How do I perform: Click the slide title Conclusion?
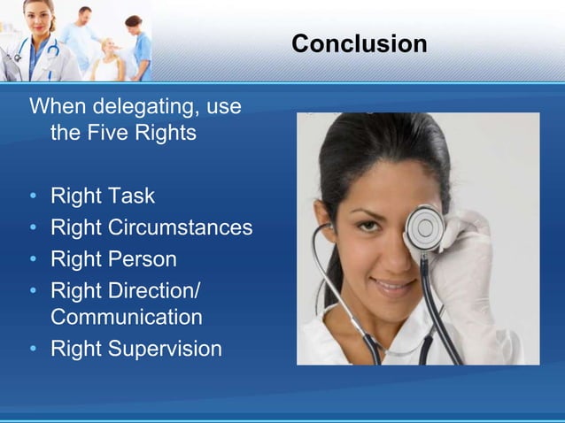click(359, 43)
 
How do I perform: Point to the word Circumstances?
click(180, 227)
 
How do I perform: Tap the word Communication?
click(127, 317)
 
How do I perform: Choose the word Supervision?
click(166, 349)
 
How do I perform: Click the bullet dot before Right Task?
click(34, 196)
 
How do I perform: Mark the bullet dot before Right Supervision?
click(34, 350)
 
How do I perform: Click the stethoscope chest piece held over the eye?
click(423, 228)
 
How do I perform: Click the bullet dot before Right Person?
click(34, 260)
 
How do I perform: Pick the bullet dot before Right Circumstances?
click(34, 228)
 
